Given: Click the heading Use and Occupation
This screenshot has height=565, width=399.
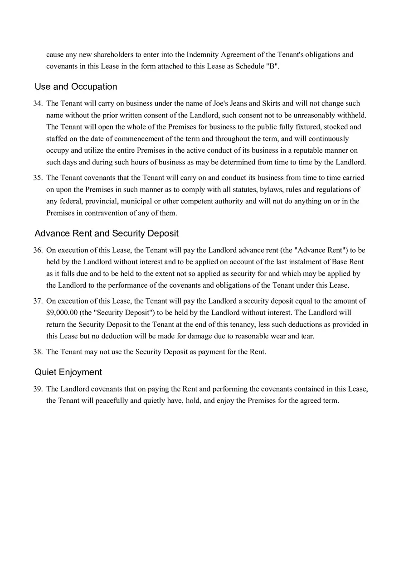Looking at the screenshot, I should (x=76, y=87).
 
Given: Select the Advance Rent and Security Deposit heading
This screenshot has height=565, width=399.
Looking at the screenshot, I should (x=107, y=233).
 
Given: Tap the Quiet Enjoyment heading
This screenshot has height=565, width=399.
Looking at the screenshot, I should (x=68, y=372).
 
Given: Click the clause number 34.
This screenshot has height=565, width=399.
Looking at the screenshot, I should (x=38, y=103).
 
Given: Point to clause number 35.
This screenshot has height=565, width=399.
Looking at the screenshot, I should (x=38, y=178).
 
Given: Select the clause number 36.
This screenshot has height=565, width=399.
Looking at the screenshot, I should (x=38, y=250).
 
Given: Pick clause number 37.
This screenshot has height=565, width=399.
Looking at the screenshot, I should (x=38, y=301).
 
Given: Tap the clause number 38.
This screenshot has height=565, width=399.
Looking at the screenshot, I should (x=38, y=352).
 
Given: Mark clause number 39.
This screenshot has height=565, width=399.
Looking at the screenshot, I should (x=38, y=389).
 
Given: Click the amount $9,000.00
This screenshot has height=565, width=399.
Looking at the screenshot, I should (x=62, y=313).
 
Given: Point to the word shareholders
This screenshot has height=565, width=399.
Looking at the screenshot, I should (x=112, y=54).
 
